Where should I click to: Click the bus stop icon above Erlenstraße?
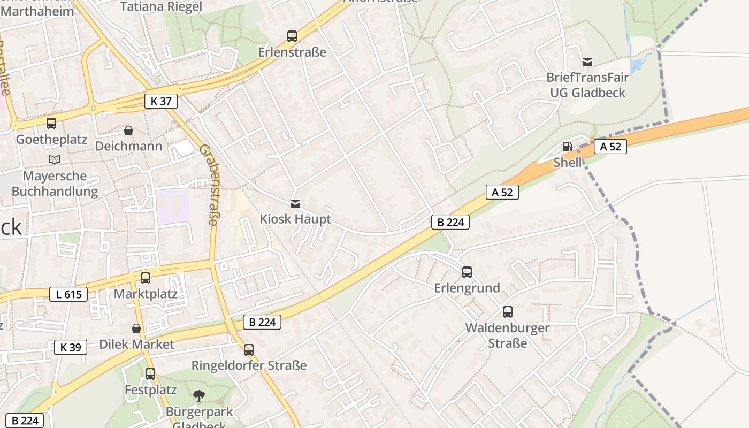292,36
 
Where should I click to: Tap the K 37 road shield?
160,101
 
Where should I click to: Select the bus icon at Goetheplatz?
51,124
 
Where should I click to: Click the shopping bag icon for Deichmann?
128,131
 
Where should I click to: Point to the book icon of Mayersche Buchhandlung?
55,159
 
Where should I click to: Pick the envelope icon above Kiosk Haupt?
295,204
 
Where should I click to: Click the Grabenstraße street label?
209,185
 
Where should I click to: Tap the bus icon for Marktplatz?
146,278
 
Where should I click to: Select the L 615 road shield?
68,294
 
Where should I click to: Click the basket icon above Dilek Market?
136,328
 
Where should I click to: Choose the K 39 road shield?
71,347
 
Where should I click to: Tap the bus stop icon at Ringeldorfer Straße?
249,350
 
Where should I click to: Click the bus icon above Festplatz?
150,374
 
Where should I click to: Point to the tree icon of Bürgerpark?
199,396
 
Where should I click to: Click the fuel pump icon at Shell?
567,147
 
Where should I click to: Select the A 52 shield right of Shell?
610,147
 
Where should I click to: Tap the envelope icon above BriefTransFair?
587,62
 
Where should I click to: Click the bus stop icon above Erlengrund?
467,272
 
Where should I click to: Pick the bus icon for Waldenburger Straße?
507,312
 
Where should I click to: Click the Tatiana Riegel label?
161,7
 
